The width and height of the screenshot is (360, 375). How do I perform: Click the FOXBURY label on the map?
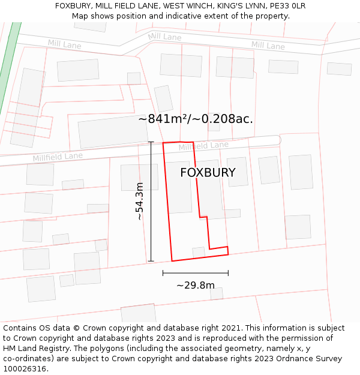[208, 173]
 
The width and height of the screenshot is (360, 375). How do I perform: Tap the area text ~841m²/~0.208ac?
[196, 119]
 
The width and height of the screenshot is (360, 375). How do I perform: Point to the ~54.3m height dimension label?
[140, 201]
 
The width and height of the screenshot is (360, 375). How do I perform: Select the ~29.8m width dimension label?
[195, 285]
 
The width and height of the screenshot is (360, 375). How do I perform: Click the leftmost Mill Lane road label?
[65, 44]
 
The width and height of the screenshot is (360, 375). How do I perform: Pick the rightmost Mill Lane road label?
[268, 45]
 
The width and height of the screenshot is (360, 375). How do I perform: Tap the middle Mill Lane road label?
[164, 37]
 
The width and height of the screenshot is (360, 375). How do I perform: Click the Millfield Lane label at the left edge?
[58, 157]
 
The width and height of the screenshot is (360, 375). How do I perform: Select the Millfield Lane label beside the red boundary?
[204, 146]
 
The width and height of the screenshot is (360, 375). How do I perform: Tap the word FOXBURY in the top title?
[75, 5]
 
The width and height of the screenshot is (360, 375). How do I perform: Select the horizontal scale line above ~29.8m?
[195, 273]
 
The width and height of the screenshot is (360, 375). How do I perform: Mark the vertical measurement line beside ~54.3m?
[151, 202]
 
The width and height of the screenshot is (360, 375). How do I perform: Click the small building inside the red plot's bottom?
[199, 252]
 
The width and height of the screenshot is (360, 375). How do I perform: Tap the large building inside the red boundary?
[179, 187]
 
